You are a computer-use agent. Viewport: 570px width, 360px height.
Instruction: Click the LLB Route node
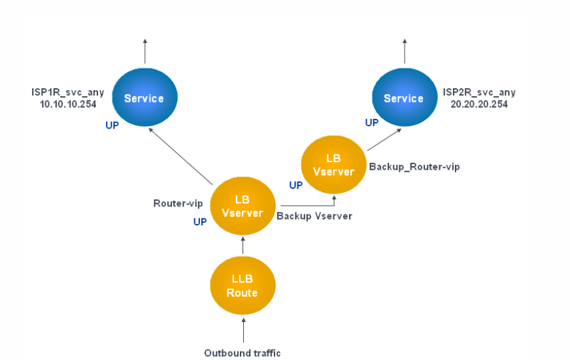243,286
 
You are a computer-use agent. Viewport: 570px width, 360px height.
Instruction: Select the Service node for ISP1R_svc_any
144,97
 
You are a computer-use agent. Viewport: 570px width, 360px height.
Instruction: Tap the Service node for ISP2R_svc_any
405,97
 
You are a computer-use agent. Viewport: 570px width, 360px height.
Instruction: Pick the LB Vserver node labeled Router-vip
243,206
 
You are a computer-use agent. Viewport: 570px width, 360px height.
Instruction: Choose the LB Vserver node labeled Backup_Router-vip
334,165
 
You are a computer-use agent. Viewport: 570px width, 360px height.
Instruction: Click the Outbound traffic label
243,353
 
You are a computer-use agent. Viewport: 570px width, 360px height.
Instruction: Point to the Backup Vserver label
314,216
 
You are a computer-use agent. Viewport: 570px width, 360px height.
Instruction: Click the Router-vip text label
178,203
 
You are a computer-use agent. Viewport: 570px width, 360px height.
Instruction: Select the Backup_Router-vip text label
414,167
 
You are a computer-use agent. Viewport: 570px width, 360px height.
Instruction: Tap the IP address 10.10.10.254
68,105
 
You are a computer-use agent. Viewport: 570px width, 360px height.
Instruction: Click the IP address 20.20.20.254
479,105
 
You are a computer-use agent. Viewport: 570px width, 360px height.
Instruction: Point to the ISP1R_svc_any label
67,93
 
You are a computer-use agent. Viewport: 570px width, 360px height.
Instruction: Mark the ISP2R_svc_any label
479,93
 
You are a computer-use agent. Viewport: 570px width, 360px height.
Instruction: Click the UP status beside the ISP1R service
112,125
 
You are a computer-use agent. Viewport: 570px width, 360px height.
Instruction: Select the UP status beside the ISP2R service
371,123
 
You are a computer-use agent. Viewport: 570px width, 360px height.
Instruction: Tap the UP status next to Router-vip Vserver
200,221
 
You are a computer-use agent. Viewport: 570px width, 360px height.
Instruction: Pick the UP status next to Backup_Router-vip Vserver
295,186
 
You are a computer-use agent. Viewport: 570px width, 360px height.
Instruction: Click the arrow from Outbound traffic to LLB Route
244,330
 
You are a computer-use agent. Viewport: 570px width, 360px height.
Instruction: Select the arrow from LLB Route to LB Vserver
243,246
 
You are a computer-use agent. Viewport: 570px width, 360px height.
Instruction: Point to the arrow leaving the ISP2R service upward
405,51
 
